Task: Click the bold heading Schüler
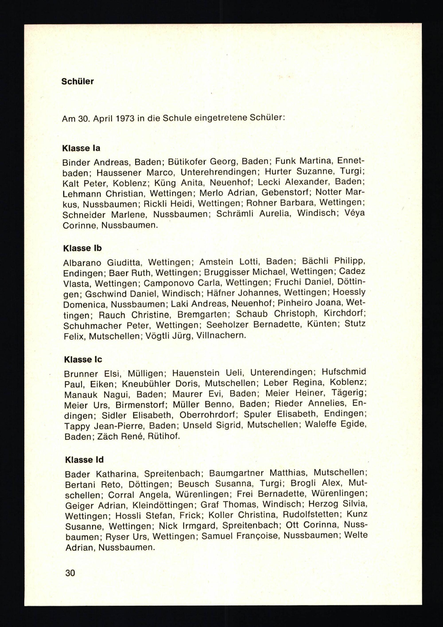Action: [78, 81]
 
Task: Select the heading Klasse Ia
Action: [81, 148]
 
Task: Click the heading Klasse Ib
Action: [82, 248]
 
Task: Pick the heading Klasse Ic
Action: [83, 360]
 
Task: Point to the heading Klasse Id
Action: [84, 460]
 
